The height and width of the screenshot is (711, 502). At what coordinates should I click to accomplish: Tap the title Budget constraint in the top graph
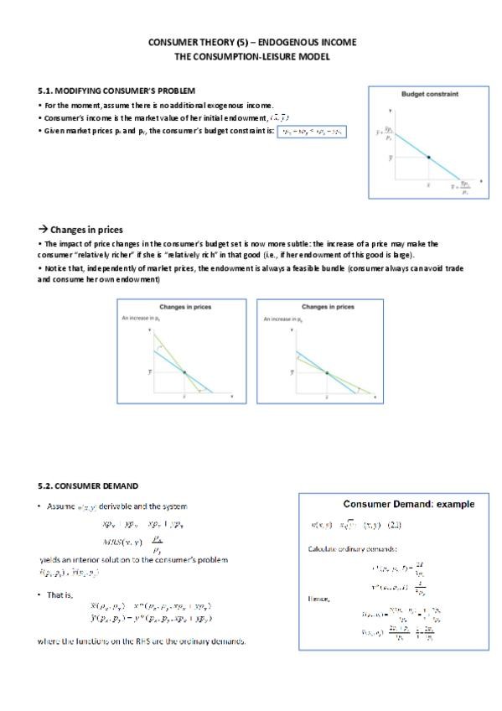pos(430,94)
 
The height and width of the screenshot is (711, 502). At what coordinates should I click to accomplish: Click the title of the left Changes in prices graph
pos(184,308)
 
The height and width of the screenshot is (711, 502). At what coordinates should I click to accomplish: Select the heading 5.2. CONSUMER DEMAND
pos(88,485)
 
